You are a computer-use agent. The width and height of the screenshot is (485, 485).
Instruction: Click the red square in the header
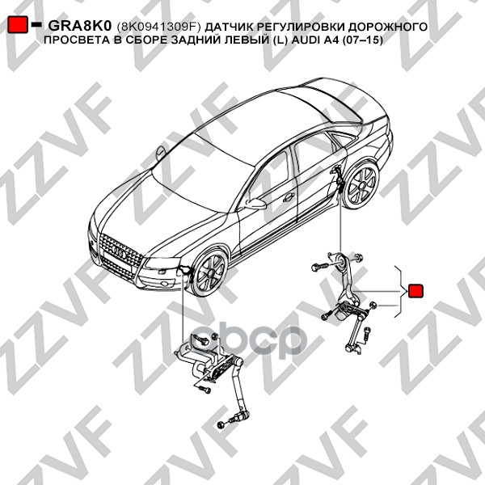click(18, 24)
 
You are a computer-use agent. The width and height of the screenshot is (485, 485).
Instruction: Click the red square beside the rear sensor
click(415, 291)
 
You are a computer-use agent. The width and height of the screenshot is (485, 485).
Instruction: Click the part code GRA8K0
click(79, 27)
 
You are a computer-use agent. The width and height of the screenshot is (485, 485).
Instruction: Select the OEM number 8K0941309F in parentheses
click(158, 27)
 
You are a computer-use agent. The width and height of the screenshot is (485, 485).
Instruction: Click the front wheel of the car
click(210, 272)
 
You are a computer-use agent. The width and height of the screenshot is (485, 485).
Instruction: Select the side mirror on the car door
click(255, 203)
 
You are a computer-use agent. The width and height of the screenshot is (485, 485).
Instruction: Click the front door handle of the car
click(289, 196)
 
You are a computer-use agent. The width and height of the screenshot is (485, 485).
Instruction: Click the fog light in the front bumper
click(166, 283)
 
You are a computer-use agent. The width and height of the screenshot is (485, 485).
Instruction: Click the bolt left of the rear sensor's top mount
click(320, 266)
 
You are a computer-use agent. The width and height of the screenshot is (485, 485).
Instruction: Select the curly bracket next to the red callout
click(399, 291)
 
